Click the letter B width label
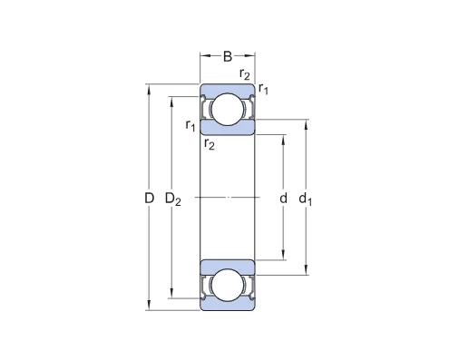pos(227,56)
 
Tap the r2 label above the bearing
pos(244,74)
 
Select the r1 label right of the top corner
pos(263,88)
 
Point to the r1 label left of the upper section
pos(190,125)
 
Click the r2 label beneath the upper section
pos(209,143)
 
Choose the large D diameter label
pos(150,198)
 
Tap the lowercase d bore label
pos(284,198)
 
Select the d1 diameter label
pos(307,198)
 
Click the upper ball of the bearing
pos(228,110)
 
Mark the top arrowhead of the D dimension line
pos(150,88)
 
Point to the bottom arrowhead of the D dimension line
pos(150,307)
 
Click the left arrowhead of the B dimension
pos(203,56)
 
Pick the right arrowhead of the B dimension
pos(252,56)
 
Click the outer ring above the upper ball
pos(228,89)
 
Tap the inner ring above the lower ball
pos(228,265)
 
